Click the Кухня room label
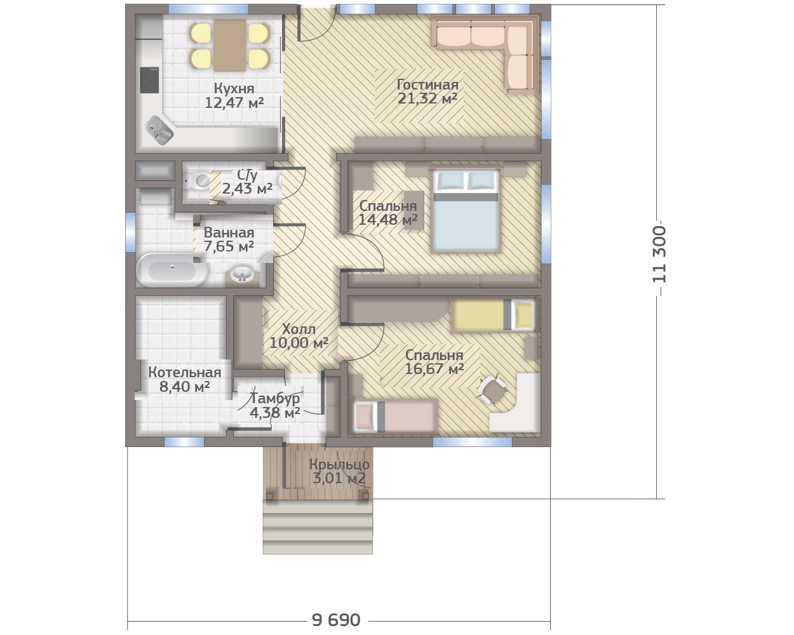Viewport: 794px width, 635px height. pyautogui.click(x=234, y=88)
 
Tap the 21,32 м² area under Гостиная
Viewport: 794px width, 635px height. pyautogui.click(x=427, y=98)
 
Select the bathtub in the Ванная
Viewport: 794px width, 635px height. pyautogui.click(x=172, y=270)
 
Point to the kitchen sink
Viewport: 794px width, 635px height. pyautogui.click(x=161, y=131)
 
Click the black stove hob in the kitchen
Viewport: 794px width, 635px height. pyautogui.click(x=149, y=80)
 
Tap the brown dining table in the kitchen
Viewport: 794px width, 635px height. pyautogui.click(x=230, y=45)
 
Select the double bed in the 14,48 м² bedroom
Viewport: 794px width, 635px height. pyautogui.click(x=466, y=211)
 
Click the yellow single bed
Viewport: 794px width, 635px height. pyautogui.click(x=494, y=314)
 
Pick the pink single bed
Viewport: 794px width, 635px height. pyautogui.click(x=395, y=417)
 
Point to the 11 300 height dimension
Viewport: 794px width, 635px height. pyautogui.click(x=659, y=254)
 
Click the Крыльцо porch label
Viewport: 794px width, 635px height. pyautogui.click(x=339, y=464)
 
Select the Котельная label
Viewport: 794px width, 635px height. pyautogui.click(x=184, y=372)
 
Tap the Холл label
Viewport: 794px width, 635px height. pyautogui.click(x=299, y=329)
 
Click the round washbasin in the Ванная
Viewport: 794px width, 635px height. pyautogui.click(x=242, y=274)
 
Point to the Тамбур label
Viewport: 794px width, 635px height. pyautogui.click(x=275, y=399)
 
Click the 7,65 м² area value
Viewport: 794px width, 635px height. pyautogui.click(x=229, y=246)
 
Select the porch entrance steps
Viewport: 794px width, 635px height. pyautogui.click(x=318, y=527)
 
